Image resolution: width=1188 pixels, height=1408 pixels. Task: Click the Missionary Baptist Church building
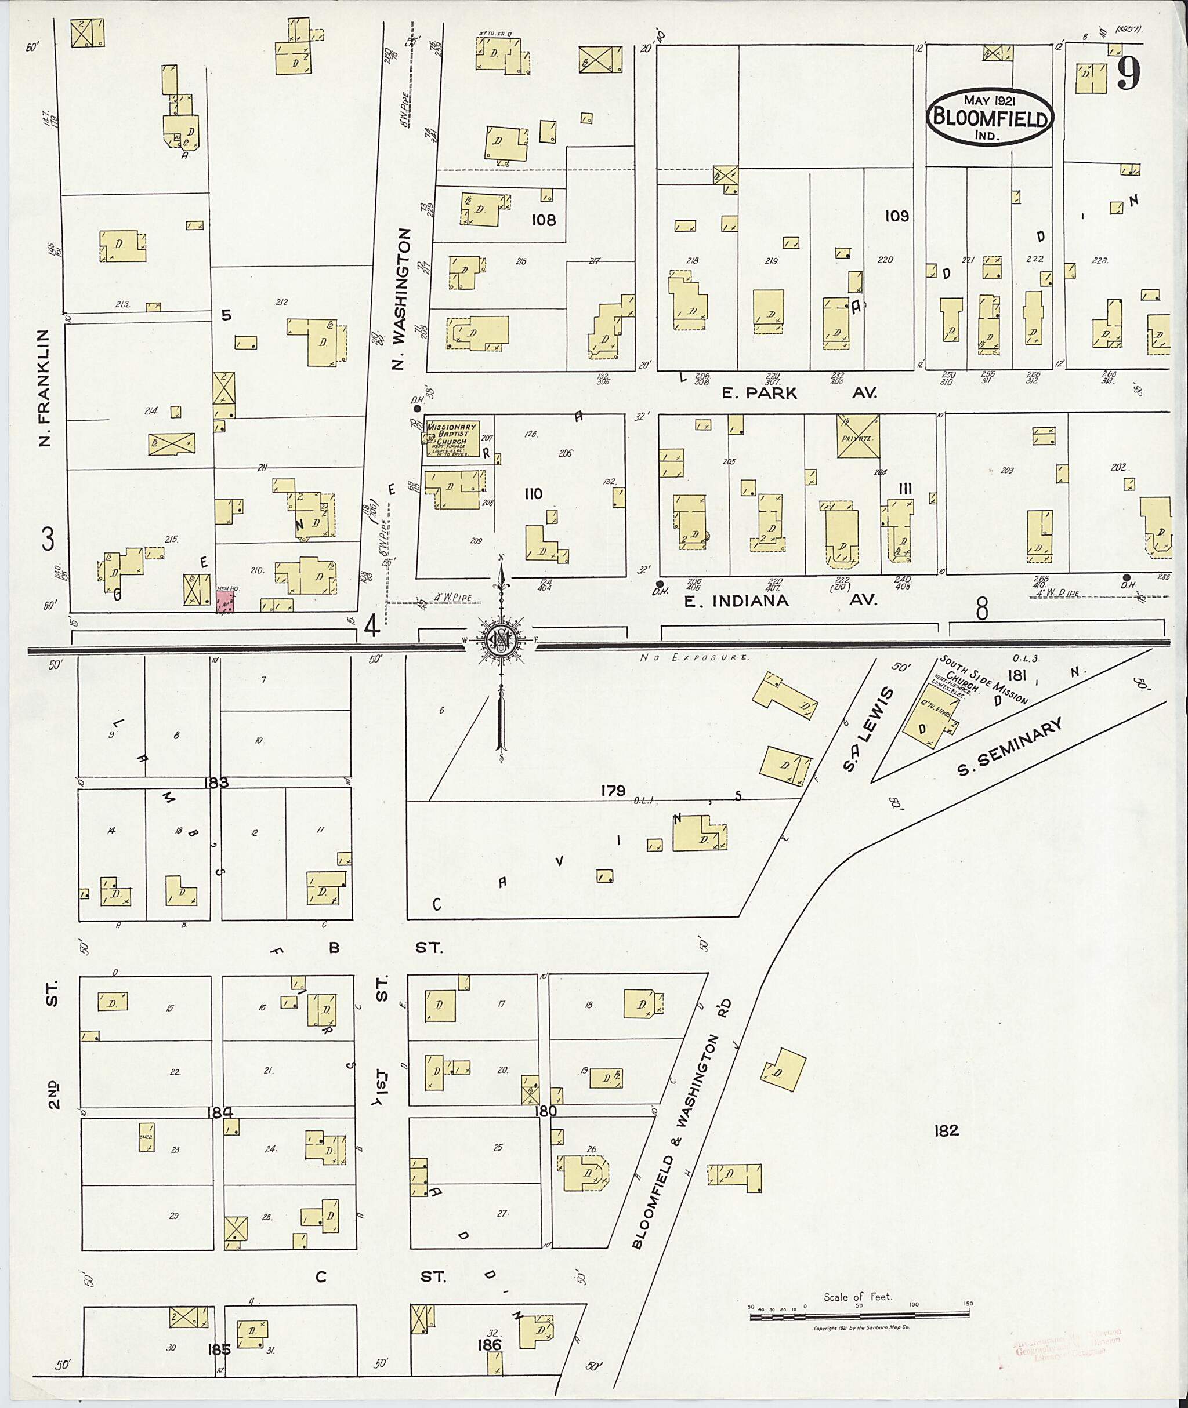coord(451,439)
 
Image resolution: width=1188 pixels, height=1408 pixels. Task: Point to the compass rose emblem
coord(501,639)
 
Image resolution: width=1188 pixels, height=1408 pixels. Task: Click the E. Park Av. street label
coord(799,393)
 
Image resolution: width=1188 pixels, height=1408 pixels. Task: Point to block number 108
coord(543,220)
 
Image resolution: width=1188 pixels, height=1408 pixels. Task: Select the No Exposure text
coord(693,657)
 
